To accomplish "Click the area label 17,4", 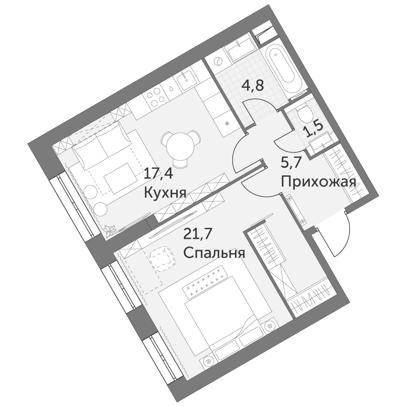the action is point(158,173).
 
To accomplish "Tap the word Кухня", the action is point(165,192).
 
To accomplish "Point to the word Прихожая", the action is point(318,182).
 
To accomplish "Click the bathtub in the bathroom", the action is point(281,68).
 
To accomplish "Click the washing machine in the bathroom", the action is point(218,61).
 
